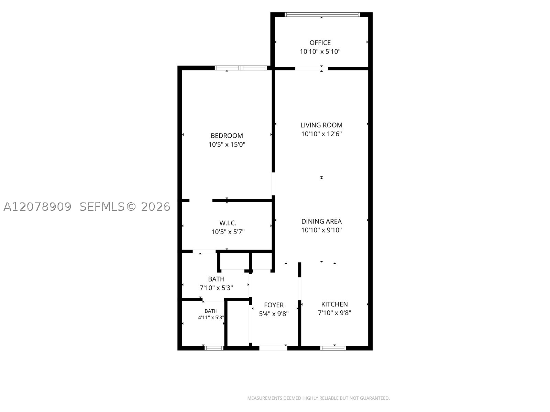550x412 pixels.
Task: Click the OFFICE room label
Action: point(320,43)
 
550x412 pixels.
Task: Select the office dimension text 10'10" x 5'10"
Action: point(320,52)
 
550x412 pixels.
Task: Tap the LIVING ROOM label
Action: point(321,125)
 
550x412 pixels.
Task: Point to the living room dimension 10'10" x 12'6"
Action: point(321,134)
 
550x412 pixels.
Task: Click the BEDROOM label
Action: point(227,136)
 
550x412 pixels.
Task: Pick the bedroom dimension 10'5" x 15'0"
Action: point(227,145)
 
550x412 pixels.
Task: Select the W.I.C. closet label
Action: point(228,223)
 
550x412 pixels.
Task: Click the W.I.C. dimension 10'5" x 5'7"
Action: point(228,232)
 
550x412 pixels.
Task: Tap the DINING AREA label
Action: point(321,221)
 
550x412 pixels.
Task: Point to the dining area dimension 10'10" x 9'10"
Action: point(321,230)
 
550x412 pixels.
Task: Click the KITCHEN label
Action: point(334,304)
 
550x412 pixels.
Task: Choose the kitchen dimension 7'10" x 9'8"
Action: point(334,313)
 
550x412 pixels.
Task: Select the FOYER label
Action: point(274,305)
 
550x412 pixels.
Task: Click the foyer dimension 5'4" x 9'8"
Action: point(274,314)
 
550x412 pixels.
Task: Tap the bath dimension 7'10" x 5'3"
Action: point(216,288)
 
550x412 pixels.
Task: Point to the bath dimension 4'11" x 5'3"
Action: point(211,318)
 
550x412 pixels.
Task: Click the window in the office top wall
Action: point(322,14)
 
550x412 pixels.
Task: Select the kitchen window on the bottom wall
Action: point(333,348)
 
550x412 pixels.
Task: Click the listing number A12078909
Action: point(37,207)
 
